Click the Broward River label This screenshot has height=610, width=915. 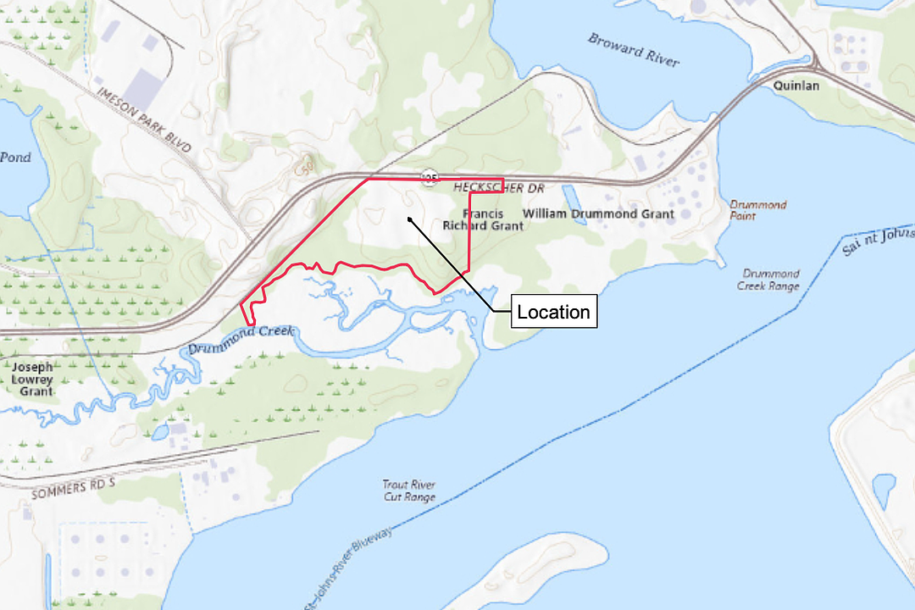[634, 50]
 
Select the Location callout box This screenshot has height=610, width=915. [553, 312]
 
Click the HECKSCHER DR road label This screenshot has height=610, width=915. [499, 187]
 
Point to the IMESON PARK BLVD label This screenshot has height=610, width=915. [144, 119]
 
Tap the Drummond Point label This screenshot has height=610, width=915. [757, 210]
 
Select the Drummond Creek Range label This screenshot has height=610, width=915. [770, 280]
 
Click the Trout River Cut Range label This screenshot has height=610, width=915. [408, 491]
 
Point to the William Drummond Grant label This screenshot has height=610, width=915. [599, 213]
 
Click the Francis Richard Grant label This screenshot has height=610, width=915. [483, 219]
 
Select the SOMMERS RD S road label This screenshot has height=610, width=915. [73, 489]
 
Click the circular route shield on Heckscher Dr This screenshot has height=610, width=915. [430, 177]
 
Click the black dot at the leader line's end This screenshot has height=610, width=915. [409, 219]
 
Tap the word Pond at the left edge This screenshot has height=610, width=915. [15, 157]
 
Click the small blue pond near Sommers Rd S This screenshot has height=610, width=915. [160, 432]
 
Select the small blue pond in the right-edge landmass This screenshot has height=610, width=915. [884, 491]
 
